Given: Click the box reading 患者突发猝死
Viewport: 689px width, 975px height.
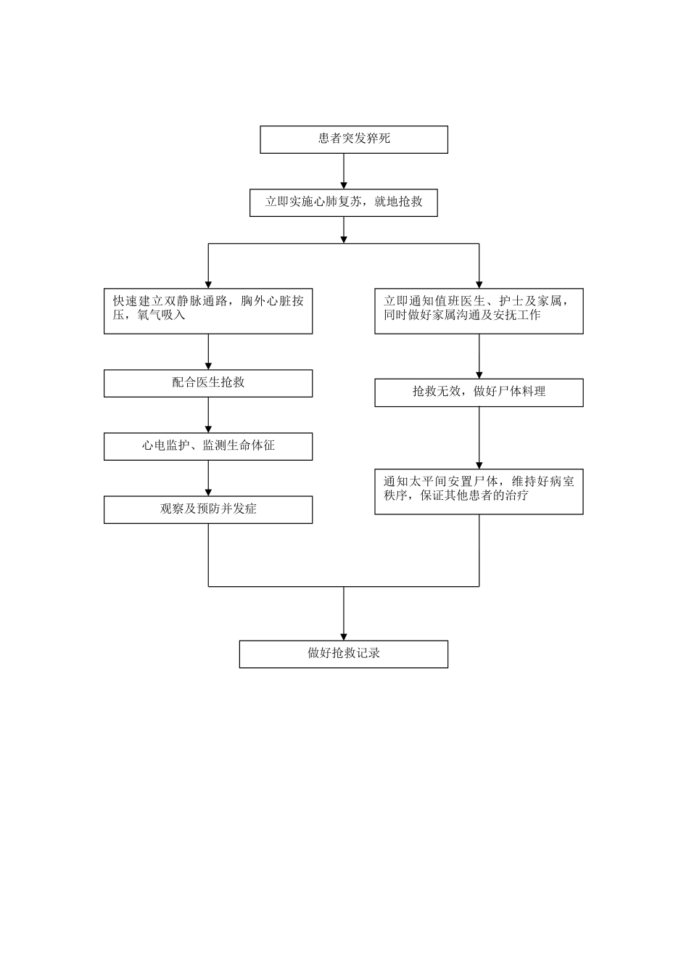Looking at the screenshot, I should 354,139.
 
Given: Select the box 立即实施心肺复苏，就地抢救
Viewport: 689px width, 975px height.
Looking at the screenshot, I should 344,202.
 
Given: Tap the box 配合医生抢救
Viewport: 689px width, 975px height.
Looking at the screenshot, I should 208,383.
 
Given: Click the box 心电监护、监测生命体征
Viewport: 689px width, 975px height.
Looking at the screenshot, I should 208,446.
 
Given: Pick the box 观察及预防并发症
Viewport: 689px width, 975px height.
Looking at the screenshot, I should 208,509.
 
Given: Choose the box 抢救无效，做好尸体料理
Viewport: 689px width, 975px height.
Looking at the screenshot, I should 479,392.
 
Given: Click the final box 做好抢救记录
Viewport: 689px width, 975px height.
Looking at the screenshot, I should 344,654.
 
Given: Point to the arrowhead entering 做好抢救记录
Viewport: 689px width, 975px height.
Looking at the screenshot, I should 344,635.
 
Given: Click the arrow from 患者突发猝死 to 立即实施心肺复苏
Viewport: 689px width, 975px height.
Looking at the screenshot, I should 344,171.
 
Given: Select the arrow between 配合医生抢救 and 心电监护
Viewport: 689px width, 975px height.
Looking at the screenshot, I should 208,415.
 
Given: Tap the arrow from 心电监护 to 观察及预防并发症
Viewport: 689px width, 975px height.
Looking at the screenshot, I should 208,478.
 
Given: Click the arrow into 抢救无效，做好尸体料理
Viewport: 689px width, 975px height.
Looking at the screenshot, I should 479,356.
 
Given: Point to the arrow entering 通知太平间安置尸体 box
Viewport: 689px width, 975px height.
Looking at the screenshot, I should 479,437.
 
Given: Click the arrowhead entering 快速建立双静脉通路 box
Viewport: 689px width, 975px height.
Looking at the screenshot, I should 208,284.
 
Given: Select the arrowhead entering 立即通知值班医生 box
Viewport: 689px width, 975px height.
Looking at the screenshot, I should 479,284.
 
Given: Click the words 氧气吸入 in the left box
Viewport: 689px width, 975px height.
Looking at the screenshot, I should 161,316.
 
